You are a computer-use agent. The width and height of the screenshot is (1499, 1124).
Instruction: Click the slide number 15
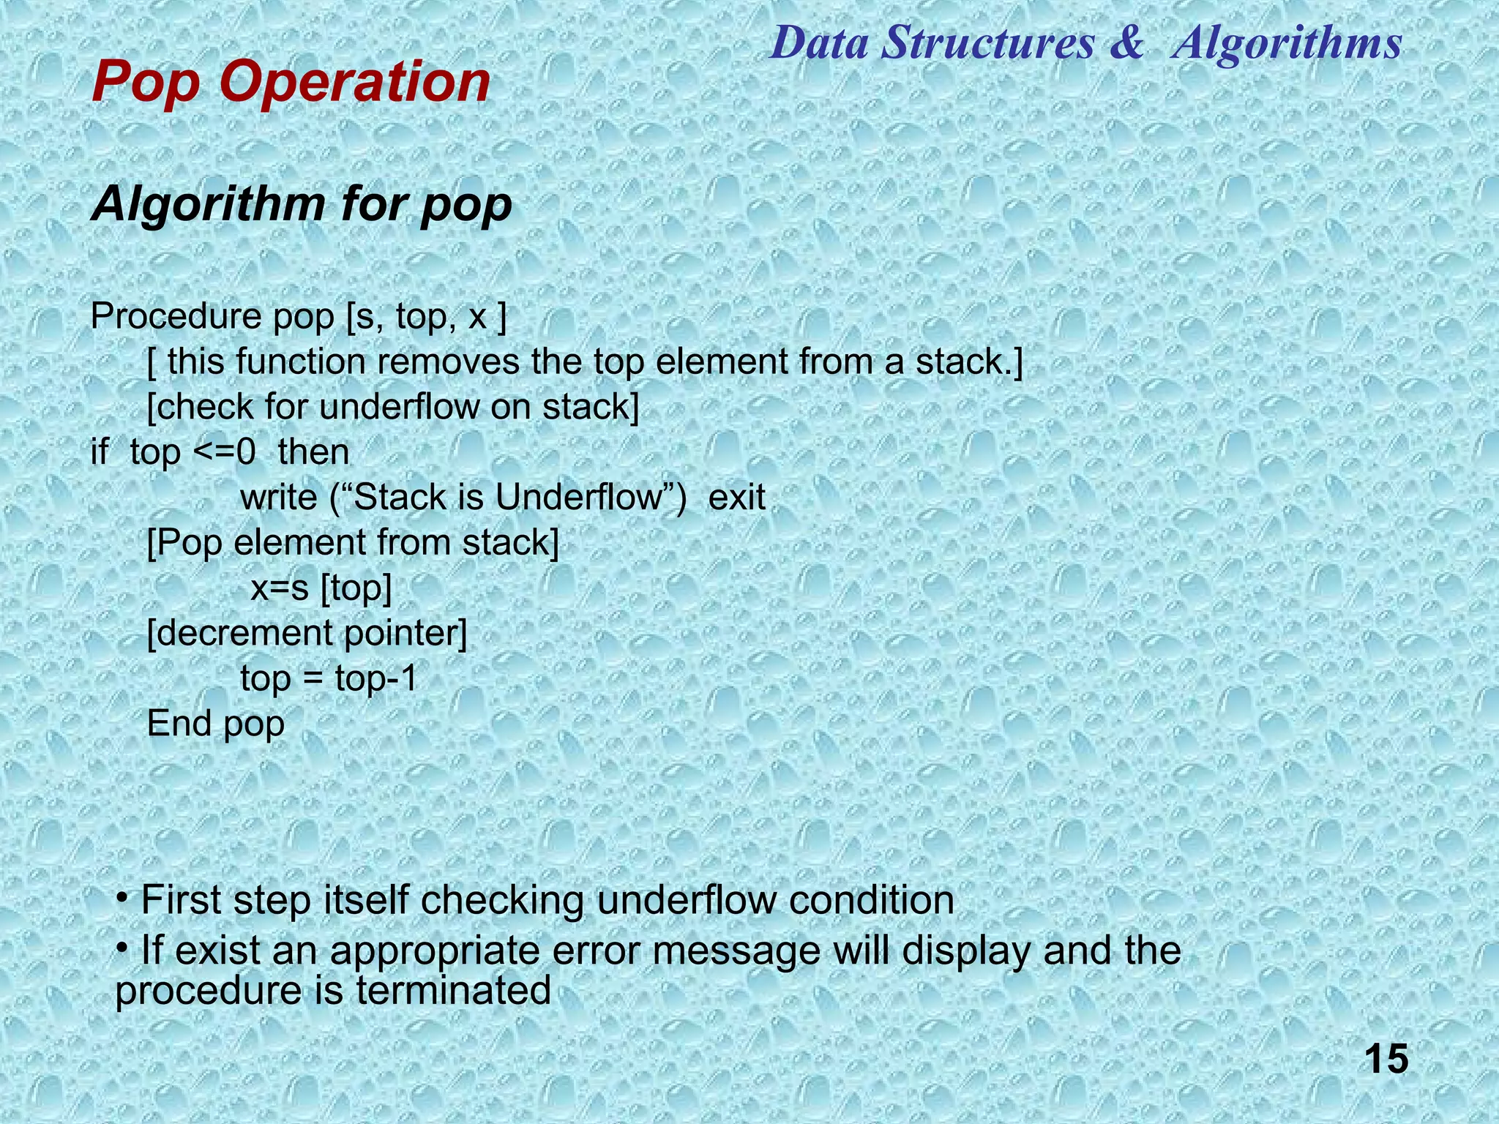(1386, 1060)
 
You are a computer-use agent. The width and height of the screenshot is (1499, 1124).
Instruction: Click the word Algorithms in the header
(1287, 42)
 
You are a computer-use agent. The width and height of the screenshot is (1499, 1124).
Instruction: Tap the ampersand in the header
(1126, 42)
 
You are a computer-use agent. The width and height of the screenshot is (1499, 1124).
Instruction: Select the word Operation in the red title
(354, 82)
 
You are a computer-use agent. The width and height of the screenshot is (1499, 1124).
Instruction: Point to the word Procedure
(176, 317)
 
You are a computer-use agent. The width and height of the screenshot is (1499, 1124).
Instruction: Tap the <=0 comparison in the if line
(224, 452)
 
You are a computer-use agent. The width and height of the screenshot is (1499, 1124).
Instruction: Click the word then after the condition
(313, 452)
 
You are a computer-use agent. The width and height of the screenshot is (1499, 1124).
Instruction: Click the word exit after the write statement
(736, 498)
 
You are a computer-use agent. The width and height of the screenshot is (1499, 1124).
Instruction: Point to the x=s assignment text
(280, 588)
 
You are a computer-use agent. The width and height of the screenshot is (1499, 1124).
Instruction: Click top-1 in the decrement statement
(376, 678)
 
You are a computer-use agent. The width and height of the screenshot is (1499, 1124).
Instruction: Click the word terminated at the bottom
(454, 991)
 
